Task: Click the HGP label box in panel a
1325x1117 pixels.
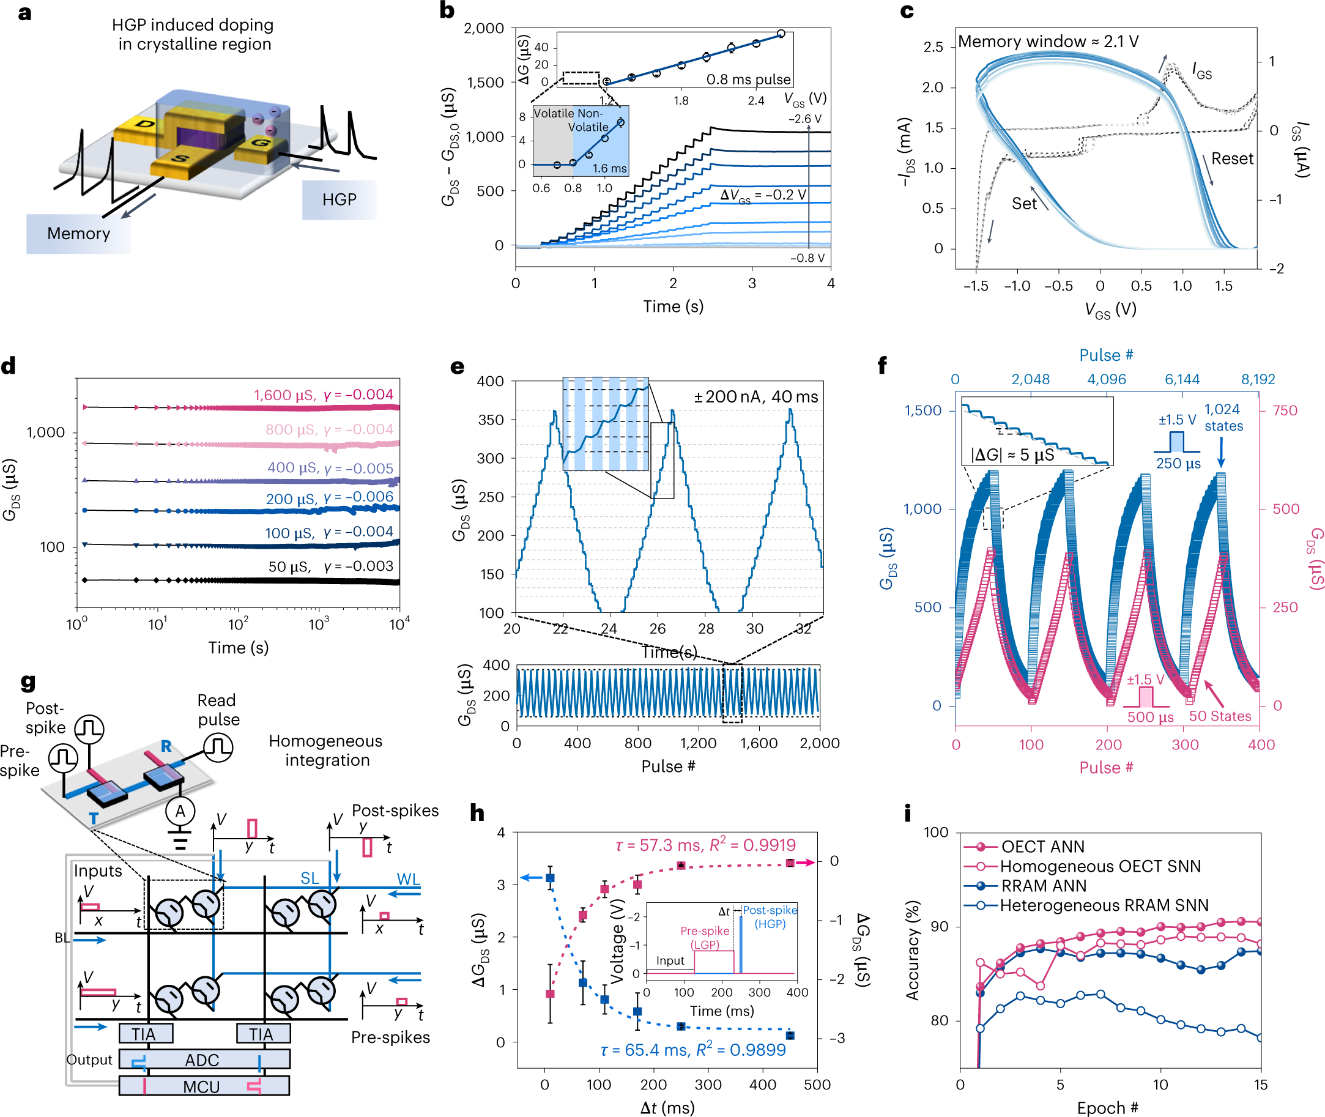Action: tap(339, 200)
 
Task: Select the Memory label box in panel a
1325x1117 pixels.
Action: tap(78, 234)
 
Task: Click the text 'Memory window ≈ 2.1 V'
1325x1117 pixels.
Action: tap(1048, 42)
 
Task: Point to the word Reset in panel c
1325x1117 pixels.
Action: tap(1231, 159)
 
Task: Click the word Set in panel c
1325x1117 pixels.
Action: tap(1023, 204)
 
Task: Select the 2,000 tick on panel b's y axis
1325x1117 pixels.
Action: tap(484, 29)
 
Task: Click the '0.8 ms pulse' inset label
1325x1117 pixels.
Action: tap(748, 80)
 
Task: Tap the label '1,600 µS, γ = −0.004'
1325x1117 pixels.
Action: tap(323, 395)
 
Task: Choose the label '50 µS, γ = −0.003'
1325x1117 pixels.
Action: tap(330, 566)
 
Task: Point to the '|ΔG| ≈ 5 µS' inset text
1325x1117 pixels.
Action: tap(1012, 455)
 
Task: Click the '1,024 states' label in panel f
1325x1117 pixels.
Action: tap(1223, 418)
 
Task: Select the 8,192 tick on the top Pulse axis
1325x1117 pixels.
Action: tap(1257, 379)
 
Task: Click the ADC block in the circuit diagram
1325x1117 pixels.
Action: tap(202, 1060)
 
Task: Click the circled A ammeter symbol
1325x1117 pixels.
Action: tap(180, 811)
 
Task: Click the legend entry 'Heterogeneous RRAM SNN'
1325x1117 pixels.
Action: tap(1104, 905)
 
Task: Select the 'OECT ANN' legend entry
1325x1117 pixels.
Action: tap(1042, 847)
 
